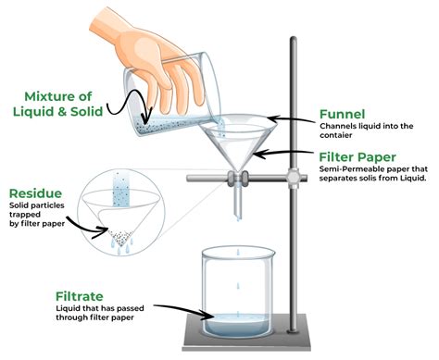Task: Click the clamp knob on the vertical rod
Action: pos(295,174)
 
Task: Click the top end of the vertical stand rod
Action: pos(295,37)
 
